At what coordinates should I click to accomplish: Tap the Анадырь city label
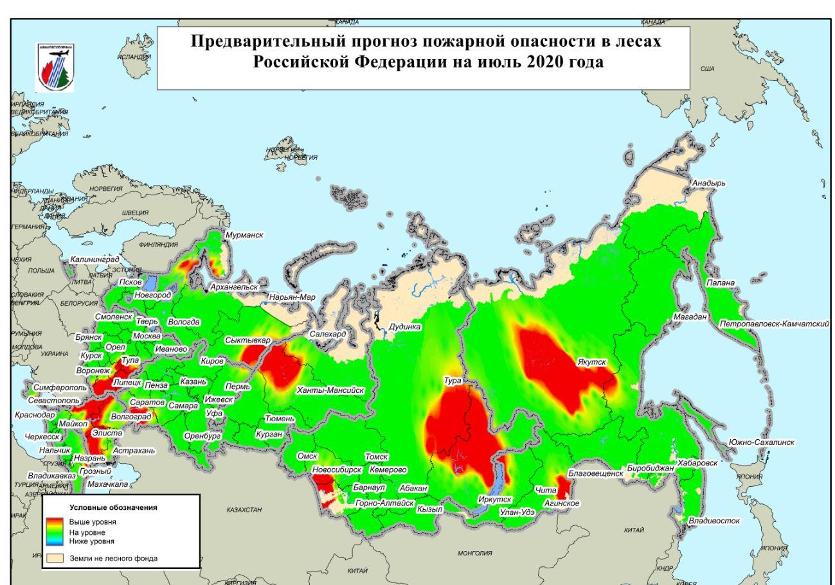pos(708,183)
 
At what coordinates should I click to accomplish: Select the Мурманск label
pos(244,236)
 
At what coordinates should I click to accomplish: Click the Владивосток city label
pos(714,520)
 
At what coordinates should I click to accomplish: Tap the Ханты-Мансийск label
pos(330,390)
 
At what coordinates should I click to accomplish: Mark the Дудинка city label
pos(405,326)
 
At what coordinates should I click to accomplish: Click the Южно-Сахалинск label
pos(761,442)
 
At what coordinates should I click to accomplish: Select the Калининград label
pos(95,259)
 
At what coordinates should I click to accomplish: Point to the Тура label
pos(453,381)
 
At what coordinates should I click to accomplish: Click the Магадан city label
pos(690,317)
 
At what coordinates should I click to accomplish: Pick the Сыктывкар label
pos(248,340)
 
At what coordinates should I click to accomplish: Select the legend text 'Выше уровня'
pos(93,522)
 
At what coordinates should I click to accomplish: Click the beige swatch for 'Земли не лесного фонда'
pos(55,558)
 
